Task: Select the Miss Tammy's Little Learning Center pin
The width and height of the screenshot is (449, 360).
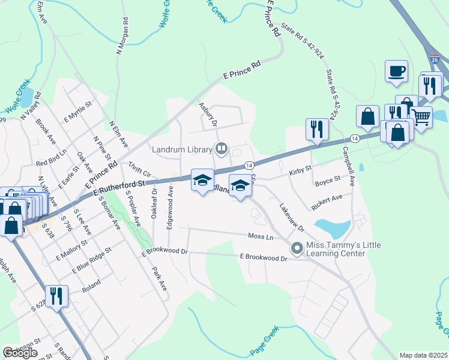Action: [297, 248]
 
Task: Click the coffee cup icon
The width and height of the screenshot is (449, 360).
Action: [396, 71]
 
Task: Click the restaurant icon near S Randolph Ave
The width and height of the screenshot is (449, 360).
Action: [56, 296]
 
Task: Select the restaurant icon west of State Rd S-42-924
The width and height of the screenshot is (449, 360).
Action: [316, 128]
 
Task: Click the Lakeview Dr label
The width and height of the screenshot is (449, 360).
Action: [292, 218]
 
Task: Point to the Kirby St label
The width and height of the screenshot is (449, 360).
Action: [300, 170]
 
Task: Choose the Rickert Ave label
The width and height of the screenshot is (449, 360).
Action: [327, 202]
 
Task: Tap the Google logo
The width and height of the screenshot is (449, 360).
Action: [20, 353]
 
